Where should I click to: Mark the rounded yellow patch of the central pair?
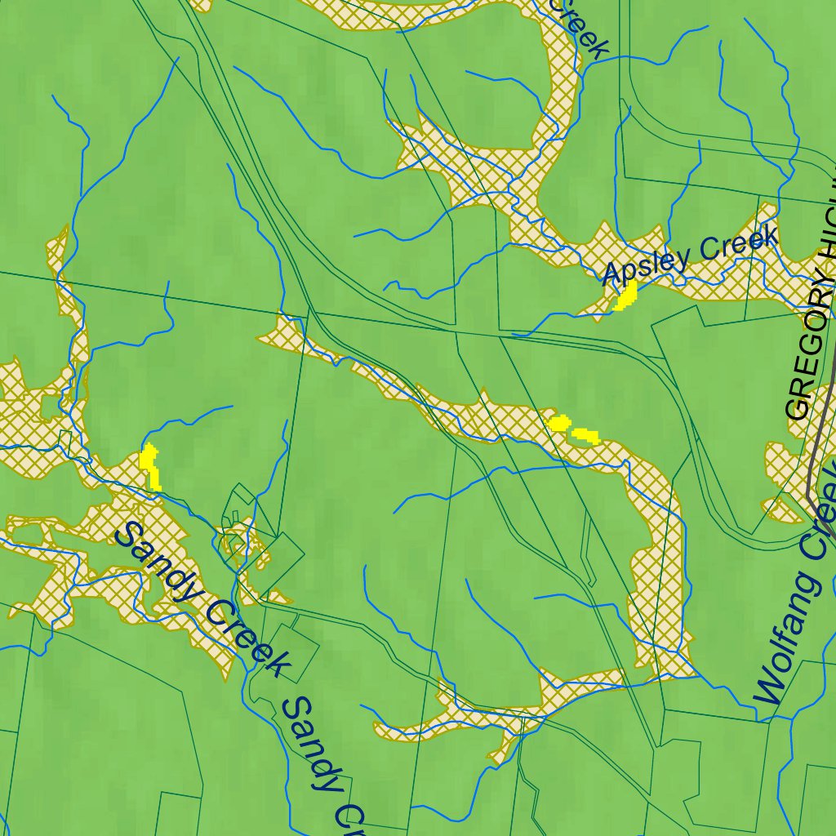pos(559,423)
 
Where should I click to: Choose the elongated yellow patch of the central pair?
pos(586,435)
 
